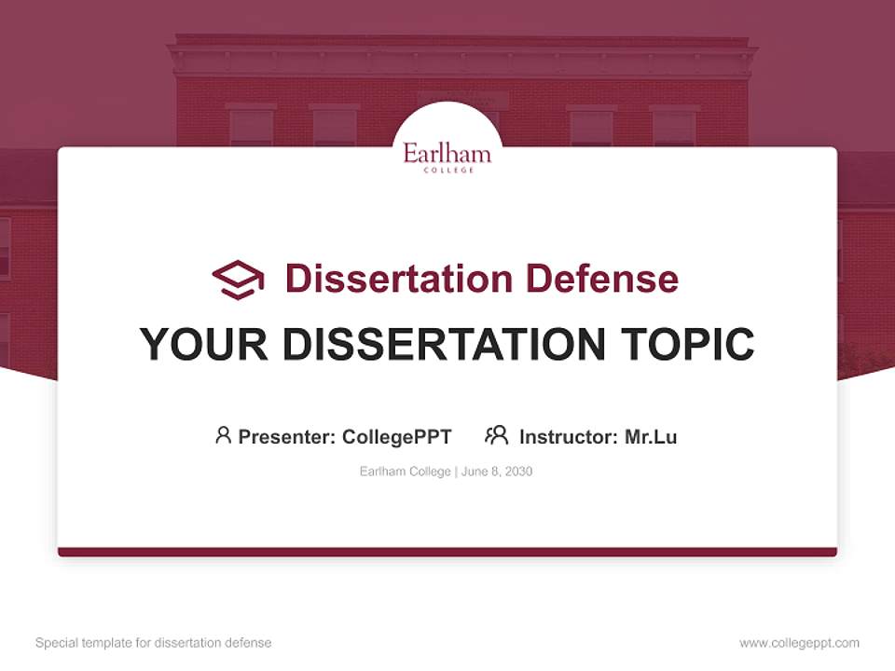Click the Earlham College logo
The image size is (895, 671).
pos(447,156)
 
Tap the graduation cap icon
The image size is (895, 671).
pos(238,279)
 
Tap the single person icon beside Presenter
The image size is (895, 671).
pos(223,435)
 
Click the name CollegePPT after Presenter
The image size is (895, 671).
pos(396,436)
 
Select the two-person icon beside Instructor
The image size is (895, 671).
pos(496,435)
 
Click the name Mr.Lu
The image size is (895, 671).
pos(651,436)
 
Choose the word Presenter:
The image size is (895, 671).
pos(287,436)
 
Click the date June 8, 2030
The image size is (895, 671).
pos(497,472)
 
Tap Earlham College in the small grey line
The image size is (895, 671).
pos(406,472)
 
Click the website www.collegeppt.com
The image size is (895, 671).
pos(799,643)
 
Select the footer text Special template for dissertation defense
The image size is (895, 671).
pos(154,643)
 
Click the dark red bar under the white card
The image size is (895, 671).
pos(447,552)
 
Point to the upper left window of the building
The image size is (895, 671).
pos(251,126)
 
